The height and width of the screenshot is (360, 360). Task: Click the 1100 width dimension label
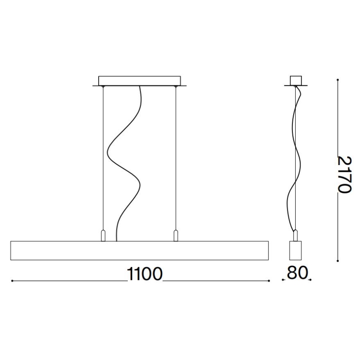(x=145, y=274)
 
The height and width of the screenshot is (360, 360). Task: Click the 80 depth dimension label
(x=296, y=274)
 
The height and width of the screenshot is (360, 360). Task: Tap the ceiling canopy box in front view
(x=139, y=80)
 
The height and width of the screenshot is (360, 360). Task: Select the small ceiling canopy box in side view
(x=296, y=80)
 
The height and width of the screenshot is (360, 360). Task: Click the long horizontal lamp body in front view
(x=139, y=251)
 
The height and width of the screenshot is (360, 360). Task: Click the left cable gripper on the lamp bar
(x=103, y=236)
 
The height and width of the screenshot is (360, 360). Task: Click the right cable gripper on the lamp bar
(x=176, y=236)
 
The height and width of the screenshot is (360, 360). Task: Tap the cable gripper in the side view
(x=296, y=236)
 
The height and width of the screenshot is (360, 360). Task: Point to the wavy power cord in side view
(x=297, y=166)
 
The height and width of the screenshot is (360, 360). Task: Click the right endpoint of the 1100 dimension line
(x=269, y=281)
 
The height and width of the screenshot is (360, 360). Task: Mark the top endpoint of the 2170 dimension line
(x=338, y=79)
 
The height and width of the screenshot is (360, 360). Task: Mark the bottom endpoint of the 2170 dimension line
(x=338, y=261)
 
